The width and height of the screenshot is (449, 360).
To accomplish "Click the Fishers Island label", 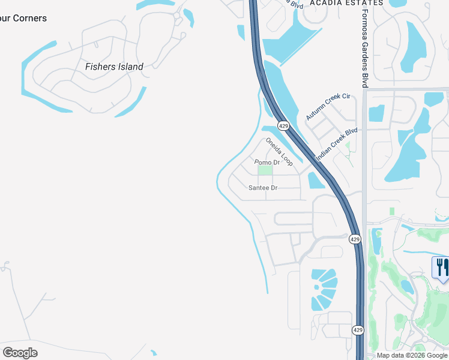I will click(114, 67).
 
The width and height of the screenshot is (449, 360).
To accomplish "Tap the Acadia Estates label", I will click(346, 3).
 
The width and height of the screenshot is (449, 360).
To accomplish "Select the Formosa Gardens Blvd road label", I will click(364, 48).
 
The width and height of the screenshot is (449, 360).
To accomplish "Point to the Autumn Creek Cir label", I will click(328, 106).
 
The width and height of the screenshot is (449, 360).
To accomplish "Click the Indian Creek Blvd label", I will click(336, 143).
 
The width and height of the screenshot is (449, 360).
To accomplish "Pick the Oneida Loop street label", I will click(279, 152).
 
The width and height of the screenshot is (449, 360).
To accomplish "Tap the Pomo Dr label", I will click(267, 163).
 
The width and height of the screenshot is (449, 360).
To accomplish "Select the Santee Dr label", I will click(263, 188).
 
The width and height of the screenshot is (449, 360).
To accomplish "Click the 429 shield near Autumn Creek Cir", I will click(284, 125).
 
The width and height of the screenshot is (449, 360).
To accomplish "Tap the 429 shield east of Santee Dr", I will click(355, 239).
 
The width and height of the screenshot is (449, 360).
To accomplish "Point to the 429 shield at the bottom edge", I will click(357, 330).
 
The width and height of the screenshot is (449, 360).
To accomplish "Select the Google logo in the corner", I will click(20, 352).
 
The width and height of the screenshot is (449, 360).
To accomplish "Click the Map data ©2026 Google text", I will click(412, 355).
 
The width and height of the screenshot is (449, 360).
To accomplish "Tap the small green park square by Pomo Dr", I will click(265, 171).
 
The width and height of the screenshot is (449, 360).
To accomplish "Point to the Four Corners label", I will click(23, 18).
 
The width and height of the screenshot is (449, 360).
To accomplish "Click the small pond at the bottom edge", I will click(154, 355).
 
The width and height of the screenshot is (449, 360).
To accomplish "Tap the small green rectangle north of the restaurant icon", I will click(391, 211).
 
